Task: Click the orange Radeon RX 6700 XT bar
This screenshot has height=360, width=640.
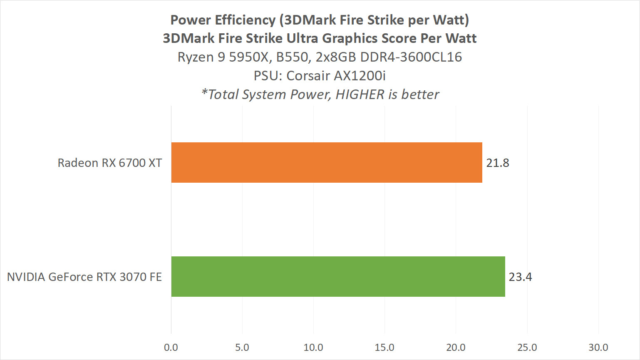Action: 327,162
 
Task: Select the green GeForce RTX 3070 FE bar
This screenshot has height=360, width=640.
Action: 338,276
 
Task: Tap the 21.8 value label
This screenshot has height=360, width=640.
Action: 498,163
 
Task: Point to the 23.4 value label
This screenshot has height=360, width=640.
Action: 520,277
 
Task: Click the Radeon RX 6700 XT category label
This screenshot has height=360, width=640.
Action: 109,163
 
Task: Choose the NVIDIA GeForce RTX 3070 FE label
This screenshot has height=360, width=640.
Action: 84,277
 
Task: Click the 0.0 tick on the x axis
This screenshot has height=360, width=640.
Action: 171,348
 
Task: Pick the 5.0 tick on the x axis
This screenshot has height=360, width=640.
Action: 242,348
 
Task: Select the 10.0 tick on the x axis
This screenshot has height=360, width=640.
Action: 313,348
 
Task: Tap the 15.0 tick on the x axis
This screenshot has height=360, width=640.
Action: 384,348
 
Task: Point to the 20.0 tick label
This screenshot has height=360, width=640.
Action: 456,348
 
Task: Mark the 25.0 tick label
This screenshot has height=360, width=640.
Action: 527,348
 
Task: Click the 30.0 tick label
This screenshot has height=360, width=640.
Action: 598,348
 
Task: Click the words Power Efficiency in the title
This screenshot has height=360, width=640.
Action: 223,20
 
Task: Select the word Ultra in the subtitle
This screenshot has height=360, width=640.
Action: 303,38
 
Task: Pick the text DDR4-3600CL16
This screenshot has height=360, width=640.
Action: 411,57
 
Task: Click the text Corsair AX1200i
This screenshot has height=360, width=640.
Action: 336,76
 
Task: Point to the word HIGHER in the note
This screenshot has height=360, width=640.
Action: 360,94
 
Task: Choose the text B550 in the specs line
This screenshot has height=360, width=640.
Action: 293,57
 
